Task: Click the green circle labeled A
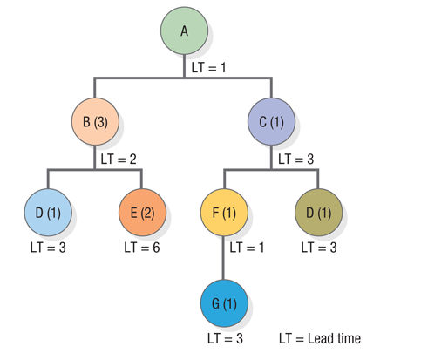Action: [x=184, y=31]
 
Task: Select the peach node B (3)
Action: [x=95, y=121]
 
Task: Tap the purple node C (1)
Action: [x=271, y=121]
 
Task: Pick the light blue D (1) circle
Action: [x=48, y=213]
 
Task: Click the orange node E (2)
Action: [x=141, y=213]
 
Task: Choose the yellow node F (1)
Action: [x=224, y=213]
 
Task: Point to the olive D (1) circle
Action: [x=318, y=213]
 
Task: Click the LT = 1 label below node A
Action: [x=209, y=66]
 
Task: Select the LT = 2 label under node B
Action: [x=119, y=160]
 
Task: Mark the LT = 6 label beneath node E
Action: [x=141, y=248]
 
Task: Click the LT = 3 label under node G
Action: [x=224, y=338]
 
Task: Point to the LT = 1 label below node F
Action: [x=248, y=248]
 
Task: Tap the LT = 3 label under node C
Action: [x=296, y=160]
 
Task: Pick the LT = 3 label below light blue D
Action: [x=48, y=248]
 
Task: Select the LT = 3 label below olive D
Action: [x=318, y=248]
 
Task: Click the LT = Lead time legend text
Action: [x=319, y=338]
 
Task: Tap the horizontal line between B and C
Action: [x=184, y=78]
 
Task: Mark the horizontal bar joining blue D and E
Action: [x=94, y=168]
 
